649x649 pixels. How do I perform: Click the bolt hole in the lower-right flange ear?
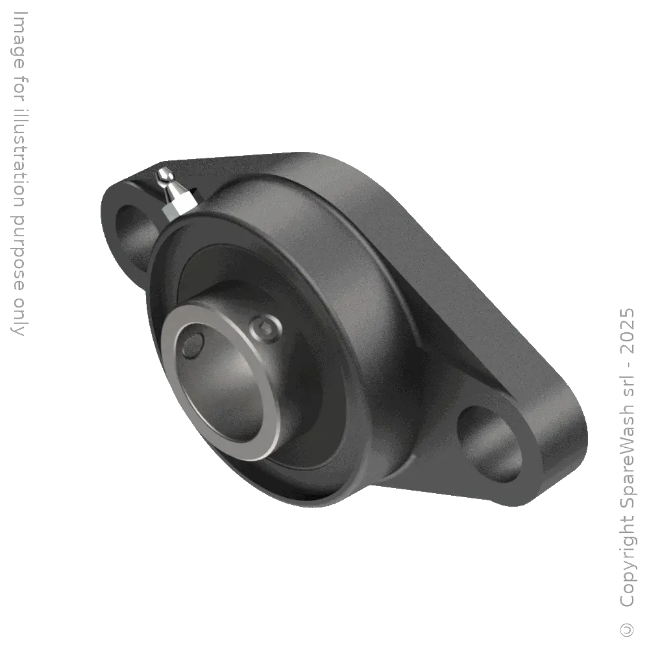(x=490, y=443)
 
